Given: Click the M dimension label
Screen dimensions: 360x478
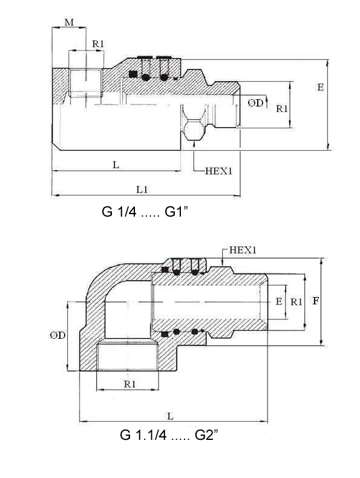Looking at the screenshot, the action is point(69,22).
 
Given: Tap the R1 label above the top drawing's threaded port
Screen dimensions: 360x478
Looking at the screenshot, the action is point(98,44).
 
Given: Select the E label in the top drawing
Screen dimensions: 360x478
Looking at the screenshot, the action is point(321,88).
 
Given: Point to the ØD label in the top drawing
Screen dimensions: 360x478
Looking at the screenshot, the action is point(255,103).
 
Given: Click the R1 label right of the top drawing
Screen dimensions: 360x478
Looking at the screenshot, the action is point(282,108).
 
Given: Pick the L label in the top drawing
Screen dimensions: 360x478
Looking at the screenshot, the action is point(116,165).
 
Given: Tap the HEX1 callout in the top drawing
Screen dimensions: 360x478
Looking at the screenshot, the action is point(218,171).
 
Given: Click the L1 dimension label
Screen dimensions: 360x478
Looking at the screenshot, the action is point(142,189).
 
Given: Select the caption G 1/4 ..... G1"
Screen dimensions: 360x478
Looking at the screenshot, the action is point(145,212).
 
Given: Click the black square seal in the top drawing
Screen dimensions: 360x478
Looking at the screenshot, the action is point(133,74).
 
